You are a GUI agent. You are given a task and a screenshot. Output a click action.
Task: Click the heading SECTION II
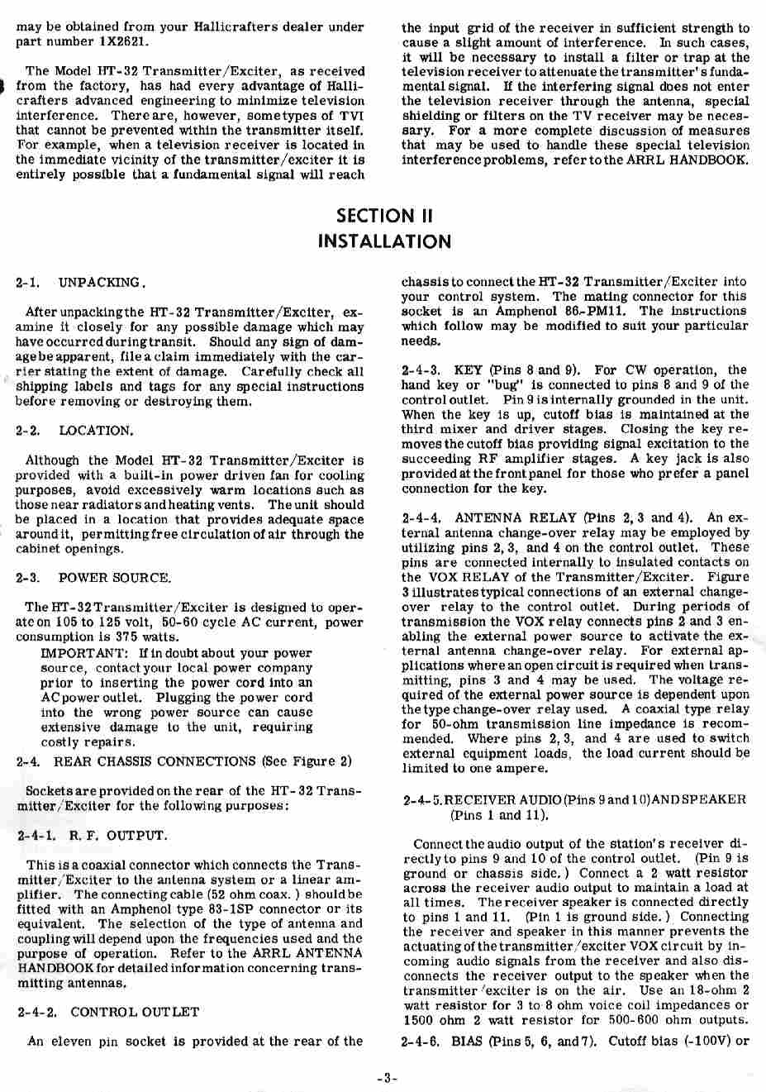click(x=384, y=216)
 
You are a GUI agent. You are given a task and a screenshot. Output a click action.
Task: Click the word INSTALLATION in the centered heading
click(x=384, y=241)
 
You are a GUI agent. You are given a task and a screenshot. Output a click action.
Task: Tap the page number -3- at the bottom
click(x=386, y=1077)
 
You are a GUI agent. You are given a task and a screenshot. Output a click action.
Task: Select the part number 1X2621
click(x=122, y=41)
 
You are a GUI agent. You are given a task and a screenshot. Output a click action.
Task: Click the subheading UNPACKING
click(x=101, y=283)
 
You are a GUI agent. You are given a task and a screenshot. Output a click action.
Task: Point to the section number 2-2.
click(x=28, y=431)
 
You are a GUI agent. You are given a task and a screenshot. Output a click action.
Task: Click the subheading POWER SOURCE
click(x=114, y=578)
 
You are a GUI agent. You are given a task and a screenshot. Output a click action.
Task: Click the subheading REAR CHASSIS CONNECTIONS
click(x=155, y=761)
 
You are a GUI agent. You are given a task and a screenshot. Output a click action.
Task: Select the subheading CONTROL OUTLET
click(x=135, y=1012)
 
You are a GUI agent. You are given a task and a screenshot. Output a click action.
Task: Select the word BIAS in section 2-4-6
click(x=469, y=1041)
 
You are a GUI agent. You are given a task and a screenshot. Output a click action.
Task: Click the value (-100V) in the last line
click(x=702, y=1041)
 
